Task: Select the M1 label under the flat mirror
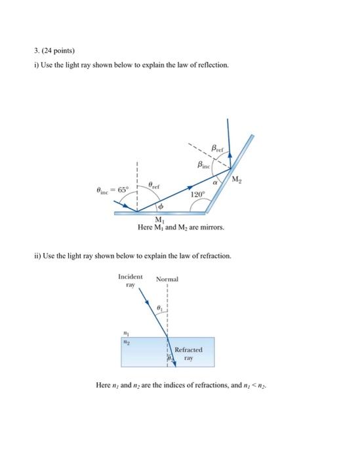(159, 219)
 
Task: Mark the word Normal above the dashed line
(167, 279)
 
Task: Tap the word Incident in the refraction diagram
(130, 277)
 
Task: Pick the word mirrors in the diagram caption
(210, 228)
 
